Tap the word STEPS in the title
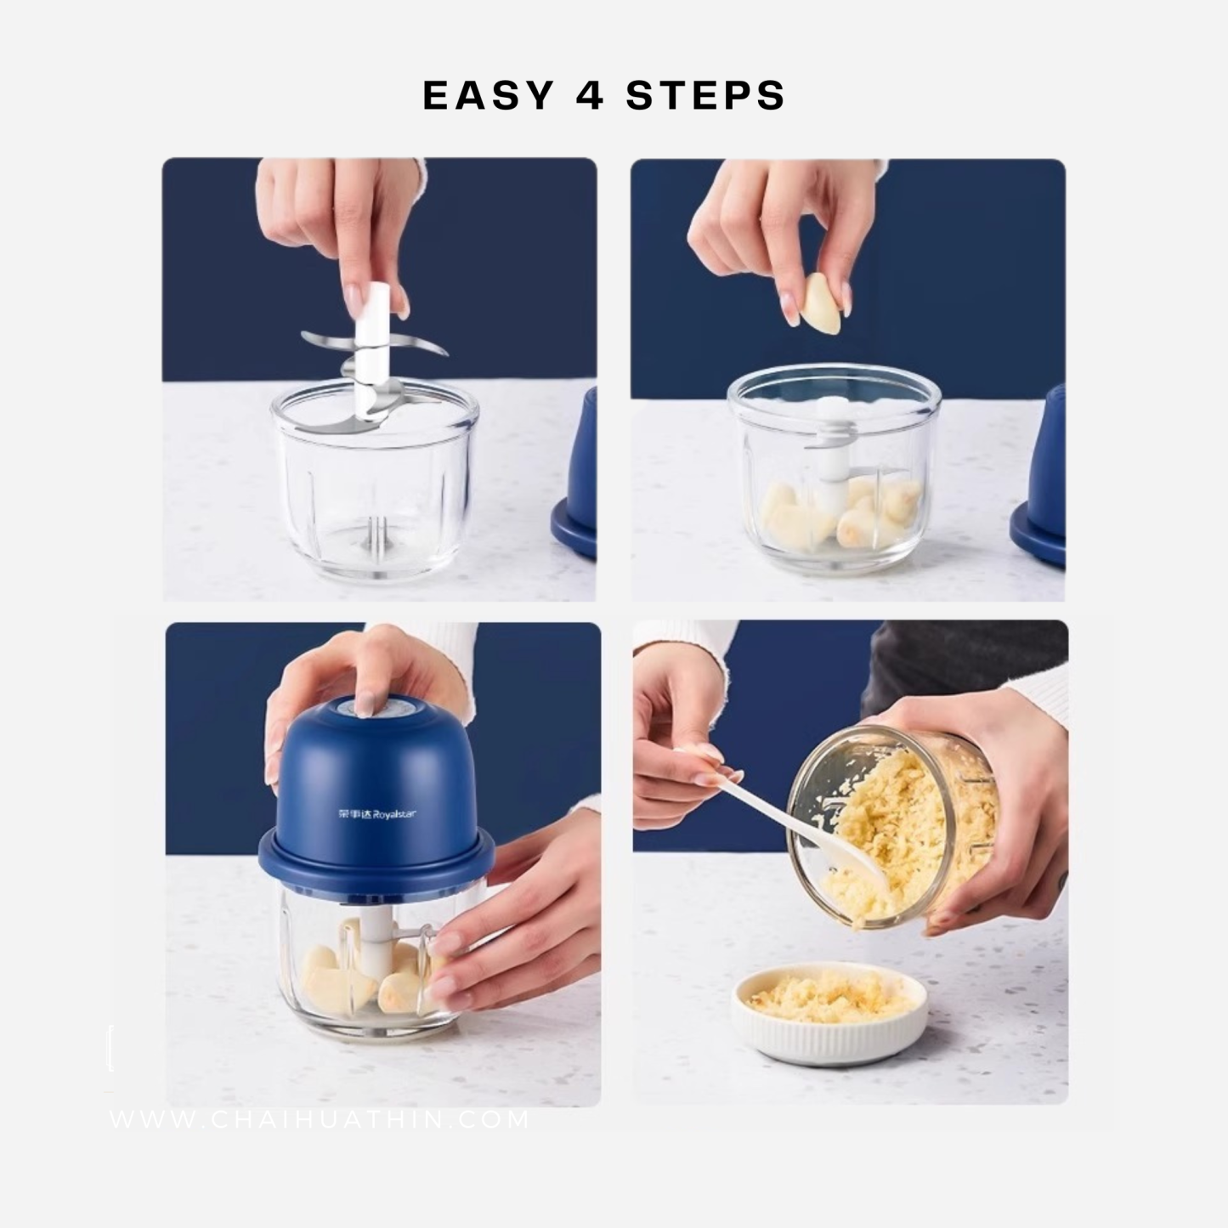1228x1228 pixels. (705, 95)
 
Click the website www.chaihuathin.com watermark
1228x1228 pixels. (320, 1119)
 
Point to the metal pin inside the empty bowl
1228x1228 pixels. (371, 533)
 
